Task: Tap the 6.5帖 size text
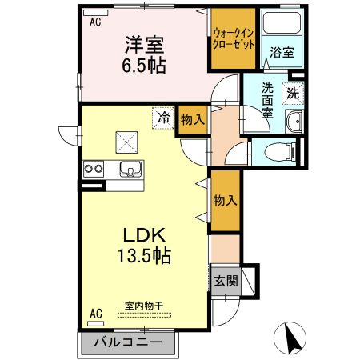tap(145, 66)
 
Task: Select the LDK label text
tap(143, 237)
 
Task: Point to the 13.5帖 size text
tap(143, 257)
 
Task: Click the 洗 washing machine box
tap(294, 93)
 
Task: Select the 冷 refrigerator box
tap(165, 118)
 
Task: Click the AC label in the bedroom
tap(95, 23)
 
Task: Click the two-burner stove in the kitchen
tap(94, 169)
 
